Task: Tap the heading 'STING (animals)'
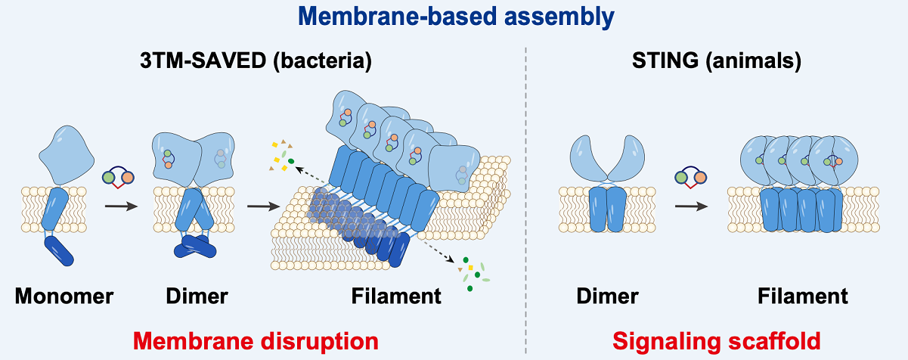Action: coord(717,61)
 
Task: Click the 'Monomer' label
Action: coord(64,296)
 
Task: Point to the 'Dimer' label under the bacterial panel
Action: coord(197,296)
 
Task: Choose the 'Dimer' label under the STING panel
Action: coord(608,296)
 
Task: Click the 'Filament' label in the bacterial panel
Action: coord(396,296)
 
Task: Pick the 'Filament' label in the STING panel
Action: coord(803,296)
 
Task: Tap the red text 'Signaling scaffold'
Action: coord(716,341)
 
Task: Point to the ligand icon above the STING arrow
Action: coord(690,179)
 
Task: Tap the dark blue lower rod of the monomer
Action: coord(60,253)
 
